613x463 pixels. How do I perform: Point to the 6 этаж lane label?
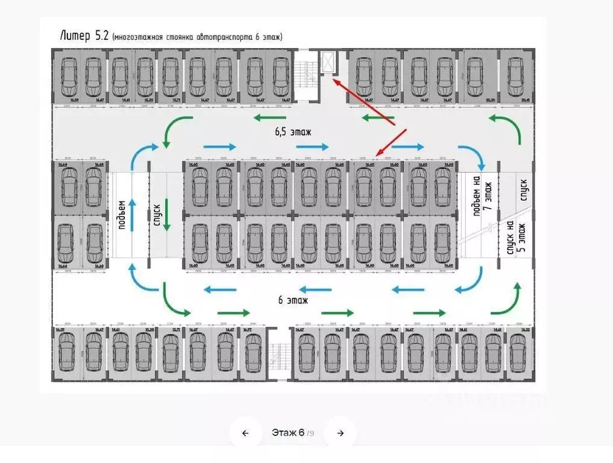click(293, 300)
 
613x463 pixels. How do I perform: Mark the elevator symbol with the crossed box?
click(329, 62)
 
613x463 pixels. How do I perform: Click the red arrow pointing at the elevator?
click(365, 101)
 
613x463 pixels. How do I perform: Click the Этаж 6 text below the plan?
click(288, 433)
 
